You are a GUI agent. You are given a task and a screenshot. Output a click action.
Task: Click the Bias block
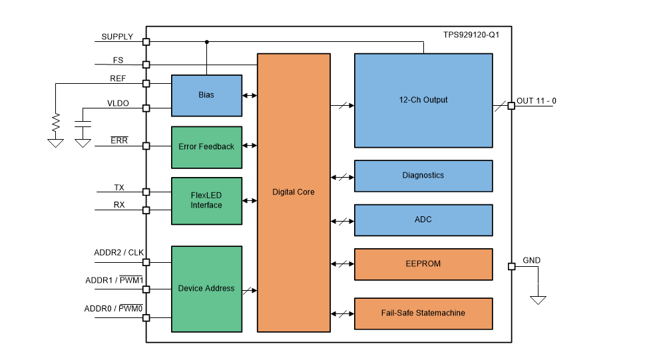coord(206,95)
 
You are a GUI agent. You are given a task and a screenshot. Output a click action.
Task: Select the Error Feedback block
coord(206,146)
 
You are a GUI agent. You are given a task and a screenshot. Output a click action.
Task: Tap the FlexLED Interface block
coord(206,200)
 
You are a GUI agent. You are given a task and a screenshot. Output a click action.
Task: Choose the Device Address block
coord(206,289)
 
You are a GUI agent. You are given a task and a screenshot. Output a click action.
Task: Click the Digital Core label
coord(294,192)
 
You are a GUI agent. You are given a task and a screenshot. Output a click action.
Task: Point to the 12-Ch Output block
coord(423,100)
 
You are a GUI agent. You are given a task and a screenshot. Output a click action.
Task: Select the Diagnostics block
coord(423,176)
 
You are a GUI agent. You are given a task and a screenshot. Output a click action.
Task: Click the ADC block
coord(423,220)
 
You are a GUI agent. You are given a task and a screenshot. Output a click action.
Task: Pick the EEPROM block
coord(423,264)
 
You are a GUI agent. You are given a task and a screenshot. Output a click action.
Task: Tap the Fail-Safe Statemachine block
coord(423,313)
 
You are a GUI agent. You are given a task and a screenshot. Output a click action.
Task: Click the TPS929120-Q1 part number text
coord(471,35)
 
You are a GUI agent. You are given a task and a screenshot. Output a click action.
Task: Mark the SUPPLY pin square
coord(146,42)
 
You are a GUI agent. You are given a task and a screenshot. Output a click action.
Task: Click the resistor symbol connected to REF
coord(56,122)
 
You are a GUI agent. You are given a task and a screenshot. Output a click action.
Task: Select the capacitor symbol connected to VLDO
coord(83,125)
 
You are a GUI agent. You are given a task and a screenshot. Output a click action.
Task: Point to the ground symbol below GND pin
coord(538,299)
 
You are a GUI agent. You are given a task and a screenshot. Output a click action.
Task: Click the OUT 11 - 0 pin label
coord(537,101)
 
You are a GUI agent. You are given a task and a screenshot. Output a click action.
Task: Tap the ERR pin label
coord(119,140)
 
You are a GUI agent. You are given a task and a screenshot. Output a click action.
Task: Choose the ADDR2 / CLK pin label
coord(118,253)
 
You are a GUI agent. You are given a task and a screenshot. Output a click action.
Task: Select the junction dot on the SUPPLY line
coord(206,42)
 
